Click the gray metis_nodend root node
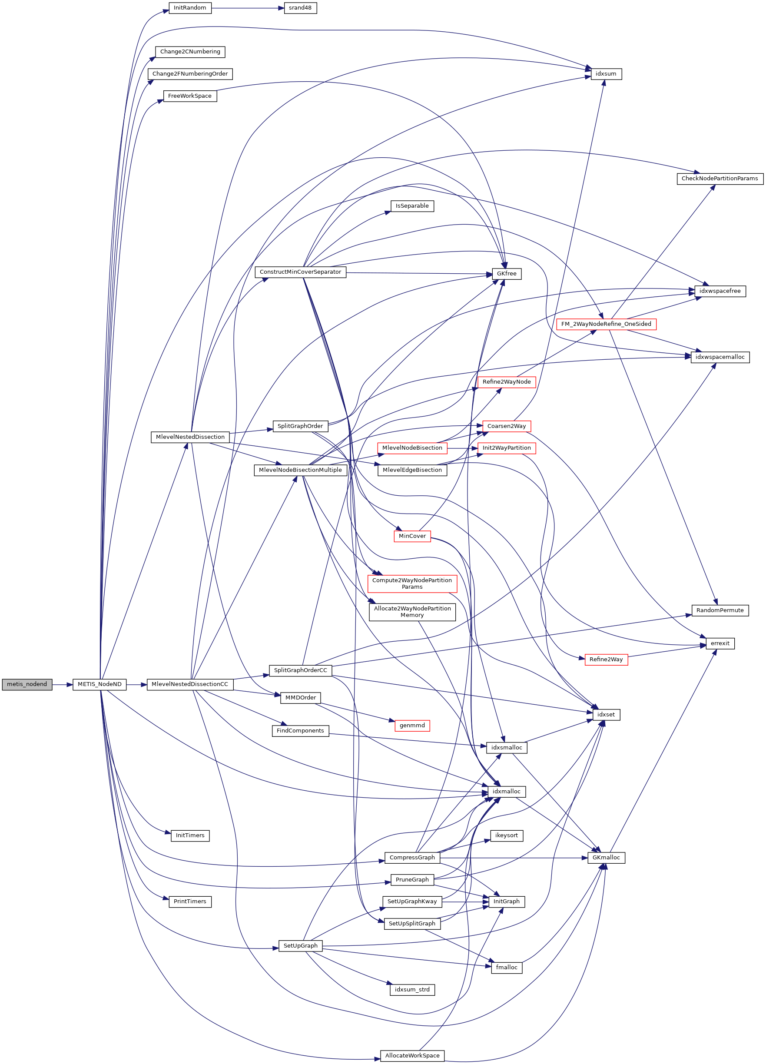[27, 684]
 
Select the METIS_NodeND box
[99, 684]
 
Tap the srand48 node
[300, 8]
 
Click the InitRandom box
[190, 8]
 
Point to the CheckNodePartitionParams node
[720, 179]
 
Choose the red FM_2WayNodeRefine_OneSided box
[606, 324]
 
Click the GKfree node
[507, 274]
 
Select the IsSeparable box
[412, 206]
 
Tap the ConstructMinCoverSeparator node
[300, 272]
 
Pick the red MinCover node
[412, 536]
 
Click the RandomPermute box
[720, 610]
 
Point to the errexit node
[720, 643]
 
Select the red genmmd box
[412, 725]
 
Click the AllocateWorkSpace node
[412, 1056]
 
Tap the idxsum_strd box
[412, 989]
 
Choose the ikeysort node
[507, 835]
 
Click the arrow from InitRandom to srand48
[248, 8]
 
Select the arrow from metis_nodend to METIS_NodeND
[63, 684]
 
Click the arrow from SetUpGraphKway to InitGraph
[465, 902]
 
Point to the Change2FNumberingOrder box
[190, 74]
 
